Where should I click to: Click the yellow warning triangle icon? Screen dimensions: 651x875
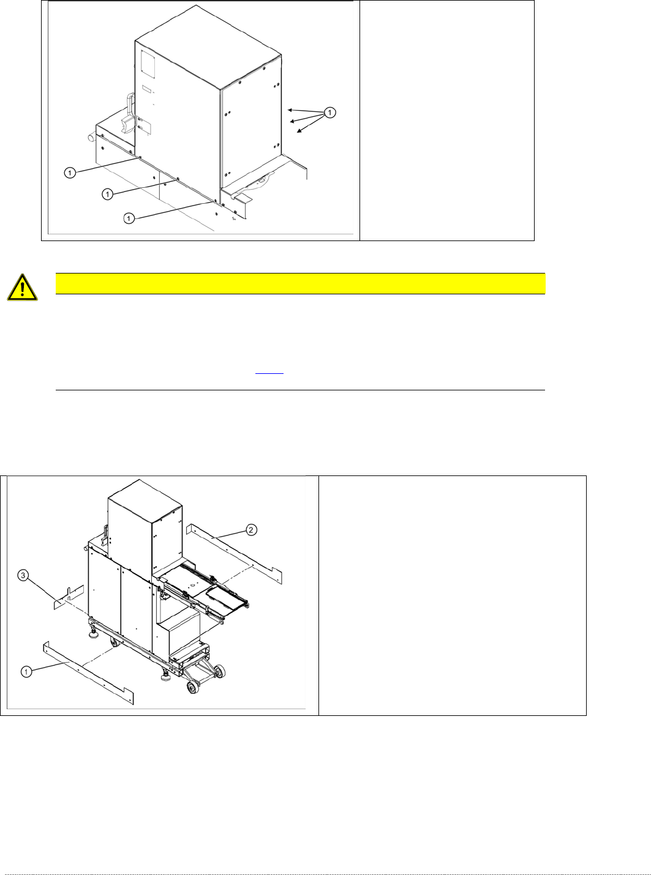23,287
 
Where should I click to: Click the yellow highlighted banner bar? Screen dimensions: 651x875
300,283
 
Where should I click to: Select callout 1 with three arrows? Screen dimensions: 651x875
330,113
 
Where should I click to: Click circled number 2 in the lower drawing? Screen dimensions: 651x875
251,529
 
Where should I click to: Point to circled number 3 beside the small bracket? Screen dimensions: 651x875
23,576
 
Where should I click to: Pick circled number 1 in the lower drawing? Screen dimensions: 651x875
26,671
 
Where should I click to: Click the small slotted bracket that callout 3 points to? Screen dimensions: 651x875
69,597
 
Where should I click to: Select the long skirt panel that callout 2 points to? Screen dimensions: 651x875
234,554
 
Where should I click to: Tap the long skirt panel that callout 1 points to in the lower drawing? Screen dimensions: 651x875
88,673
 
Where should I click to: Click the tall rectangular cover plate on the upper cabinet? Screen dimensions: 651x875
148,64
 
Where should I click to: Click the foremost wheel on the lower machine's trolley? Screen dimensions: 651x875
193,688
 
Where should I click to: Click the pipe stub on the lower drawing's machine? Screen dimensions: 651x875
85,548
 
